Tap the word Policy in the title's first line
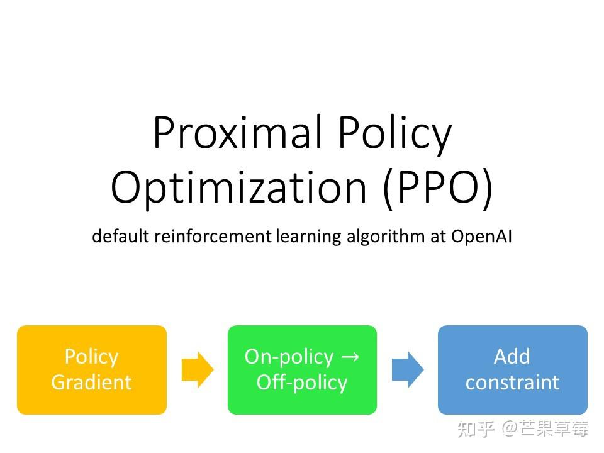[395, 135]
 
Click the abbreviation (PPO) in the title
[438, 189]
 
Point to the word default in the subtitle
[120, 236]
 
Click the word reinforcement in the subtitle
[213, 236]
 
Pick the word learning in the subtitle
[308, 237]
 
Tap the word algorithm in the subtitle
[386, 237]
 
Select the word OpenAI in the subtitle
[481, 237]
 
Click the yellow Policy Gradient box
[92, 370]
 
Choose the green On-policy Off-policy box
[303, 370]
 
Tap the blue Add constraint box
[513, 370]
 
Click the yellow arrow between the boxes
[198, 370]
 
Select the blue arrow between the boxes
[408, 370]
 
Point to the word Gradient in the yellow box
[92, 383]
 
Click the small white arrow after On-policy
[350, 357]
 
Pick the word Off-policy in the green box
[302, 383]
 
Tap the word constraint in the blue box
[512, 383]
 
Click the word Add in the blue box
[512, 356]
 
